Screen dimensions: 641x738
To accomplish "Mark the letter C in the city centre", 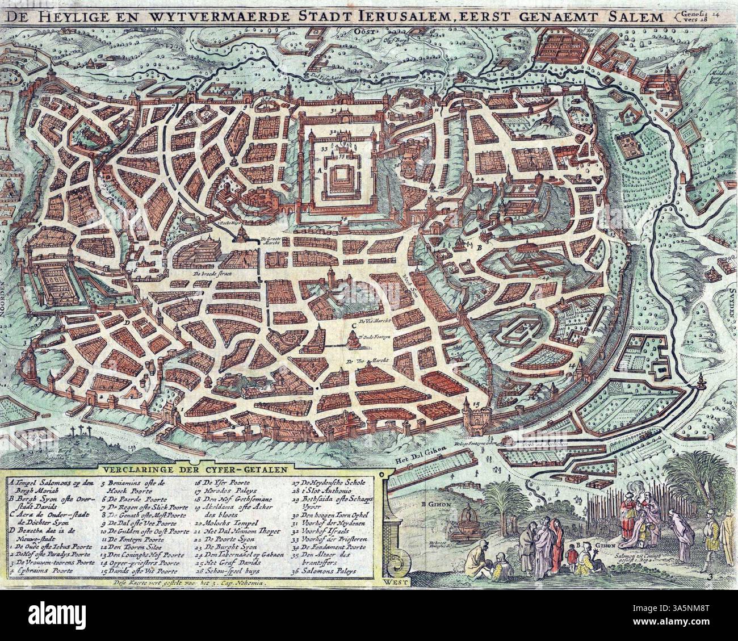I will point(354,325).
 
